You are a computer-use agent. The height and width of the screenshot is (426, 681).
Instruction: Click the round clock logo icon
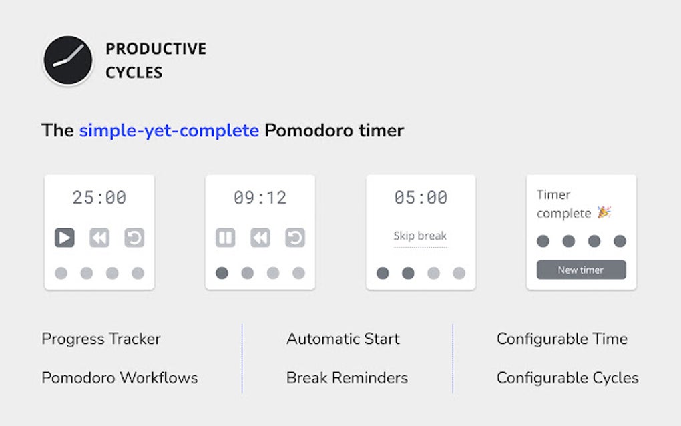[68, 61]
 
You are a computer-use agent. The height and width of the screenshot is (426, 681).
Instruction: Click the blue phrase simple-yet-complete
[169, 130]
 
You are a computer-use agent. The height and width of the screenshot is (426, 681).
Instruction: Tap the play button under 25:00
[64, 238]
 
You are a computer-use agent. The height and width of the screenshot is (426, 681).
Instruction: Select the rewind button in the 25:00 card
[99, 238]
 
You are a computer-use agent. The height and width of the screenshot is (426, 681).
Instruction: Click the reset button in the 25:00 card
[134, 238]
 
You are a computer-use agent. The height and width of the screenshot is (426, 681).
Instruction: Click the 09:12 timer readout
[260, 198]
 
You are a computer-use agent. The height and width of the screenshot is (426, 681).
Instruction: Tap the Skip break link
[420, 236]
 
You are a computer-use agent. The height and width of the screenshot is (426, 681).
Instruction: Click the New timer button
[581, 270]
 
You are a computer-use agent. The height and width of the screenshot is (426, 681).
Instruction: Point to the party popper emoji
[604, 212]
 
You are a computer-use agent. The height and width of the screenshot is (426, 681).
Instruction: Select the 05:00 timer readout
[421, 198]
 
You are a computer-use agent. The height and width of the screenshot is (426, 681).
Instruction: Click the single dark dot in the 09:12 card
[222, 273]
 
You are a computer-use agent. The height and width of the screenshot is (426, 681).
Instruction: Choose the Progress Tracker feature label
[101, 339]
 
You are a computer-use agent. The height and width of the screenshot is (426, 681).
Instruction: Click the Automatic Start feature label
[343, 339]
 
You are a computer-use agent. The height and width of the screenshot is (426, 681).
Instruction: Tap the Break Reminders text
[347, 378]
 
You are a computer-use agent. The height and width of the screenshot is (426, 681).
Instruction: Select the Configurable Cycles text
[567, 378]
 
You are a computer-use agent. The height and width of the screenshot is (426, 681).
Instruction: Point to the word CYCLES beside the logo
[134, 73]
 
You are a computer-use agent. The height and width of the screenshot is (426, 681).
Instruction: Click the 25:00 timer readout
[99, 198]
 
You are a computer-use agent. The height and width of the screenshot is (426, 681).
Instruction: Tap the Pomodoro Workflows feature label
[120, 378]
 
